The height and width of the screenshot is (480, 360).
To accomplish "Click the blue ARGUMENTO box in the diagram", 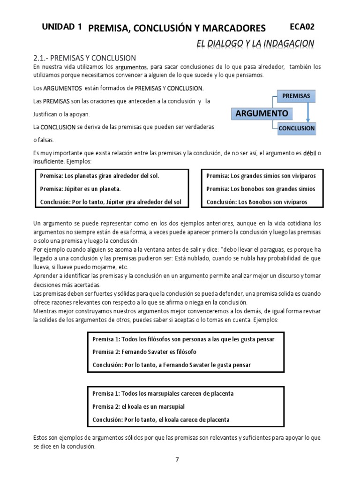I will [262, 113].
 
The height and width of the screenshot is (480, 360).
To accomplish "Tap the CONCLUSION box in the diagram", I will [297, 128].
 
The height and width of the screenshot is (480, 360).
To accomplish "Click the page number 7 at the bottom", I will [177, 459].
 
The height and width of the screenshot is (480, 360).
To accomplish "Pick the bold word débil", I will [309, 153].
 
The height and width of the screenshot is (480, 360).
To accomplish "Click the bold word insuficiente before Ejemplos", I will [49, 161].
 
